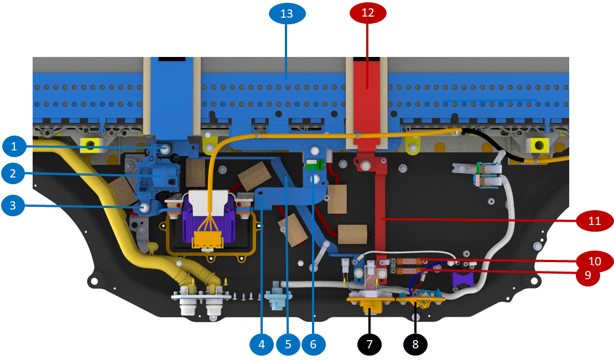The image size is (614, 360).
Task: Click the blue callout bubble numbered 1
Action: (15, 147)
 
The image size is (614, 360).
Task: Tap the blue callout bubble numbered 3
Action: (15, 206)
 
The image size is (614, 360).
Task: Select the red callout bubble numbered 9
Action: (587, 274)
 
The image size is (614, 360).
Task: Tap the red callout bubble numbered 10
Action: (594, 260)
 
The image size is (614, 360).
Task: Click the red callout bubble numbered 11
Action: (594, 221)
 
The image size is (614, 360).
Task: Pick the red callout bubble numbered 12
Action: (368, 13)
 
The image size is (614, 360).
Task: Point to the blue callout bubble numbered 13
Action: (287, 13)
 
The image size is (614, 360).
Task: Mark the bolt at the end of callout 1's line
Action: (165, 149)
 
